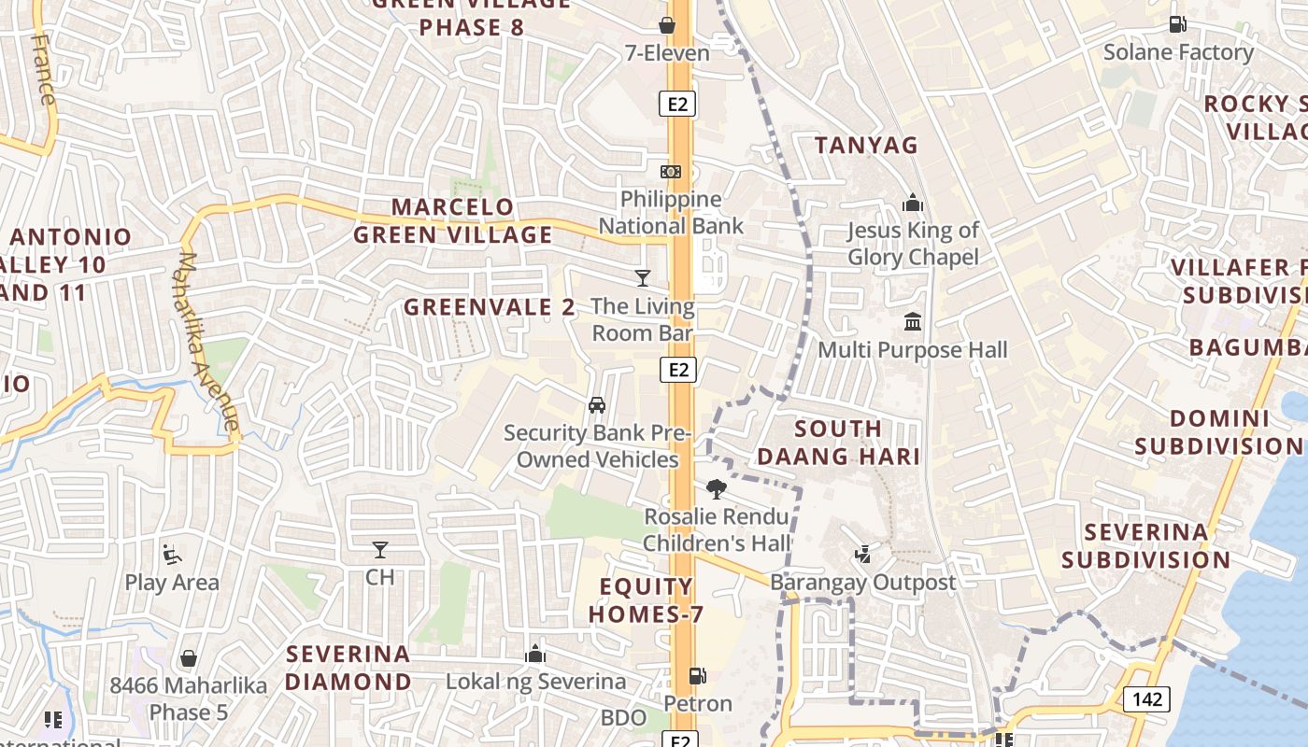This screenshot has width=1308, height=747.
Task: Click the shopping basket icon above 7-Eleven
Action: click(667, 25)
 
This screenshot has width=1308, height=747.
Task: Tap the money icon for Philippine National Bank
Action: click(671, 172)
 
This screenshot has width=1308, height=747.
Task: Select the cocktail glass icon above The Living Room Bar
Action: click(643, 278)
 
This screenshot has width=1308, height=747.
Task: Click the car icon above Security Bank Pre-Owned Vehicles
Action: click(596, 405)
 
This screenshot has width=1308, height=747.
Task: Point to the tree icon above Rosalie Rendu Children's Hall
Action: click(717, 488)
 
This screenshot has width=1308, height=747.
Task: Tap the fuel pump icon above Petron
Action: click(697, 675)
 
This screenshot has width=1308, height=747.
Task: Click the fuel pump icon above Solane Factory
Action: click(1177, 25)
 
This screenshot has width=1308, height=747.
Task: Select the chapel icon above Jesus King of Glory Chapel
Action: click(913, 203)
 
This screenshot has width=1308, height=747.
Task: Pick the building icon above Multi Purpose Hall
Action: click(913, 323)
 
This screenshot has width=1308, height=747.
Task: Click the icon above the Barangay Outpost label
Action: click(862, 555)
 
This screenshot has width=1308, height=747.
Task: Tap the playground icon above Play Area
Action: click(171, 555)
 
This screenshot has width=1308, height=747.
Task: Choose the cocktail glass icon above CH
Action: click(379, 550)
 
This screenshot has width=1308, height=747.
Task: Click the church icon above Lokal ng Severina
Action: click(535, 654)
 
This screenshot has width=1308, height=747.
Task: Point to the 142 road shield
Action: click(1146, 699)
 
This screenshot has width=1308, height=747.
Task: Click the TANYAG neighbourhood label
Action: click(866, 146)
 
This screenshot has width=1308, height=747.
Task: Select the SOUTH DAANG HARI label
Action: click(838, 443)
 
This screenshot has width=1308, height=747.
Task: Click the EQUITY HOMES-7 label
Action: click(646, 600)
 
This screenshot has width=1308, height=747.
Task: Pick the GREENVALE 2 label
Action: click(490, 307)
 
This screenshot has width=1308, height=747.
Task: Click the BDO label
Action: click(624, 718)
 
